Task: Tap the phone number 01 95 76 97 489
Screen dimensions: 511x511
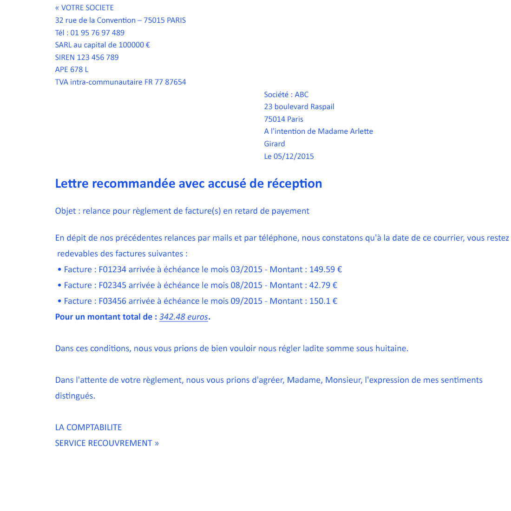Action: (x=98, y=33)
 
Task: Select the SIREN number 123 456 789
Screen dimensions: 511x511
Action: (x=98, y=58)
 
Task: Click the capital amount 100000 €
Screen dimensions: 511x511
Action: (x=134, y=45)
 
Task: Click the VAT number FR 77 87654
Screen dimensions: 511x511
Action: (x=165, y=82)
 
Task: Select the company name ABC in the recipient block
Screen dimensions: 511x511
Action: (x=301, y=95)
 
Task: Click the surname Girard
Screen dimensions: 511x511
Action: (x=275, y=144)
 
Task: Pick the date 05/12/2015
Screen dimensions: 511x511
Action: (x=294, y=157)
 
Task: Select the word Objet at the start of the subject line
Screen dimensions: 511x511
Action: (x=66, y=211)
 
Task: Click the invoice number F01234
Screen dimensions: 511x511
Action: (x=112, y=269)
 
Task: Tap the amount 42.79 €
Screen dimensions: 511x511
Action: (x=323, y=285)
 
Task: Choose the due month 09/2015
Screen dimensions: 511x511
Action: (x=247, y=301)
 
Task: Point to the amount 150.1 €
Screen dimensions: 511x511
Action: (x=323, y=301)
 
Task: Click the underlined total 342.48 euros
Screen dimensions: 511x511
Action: (x=183, y=317)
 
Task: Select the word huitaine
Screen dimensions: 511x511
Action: (x=392, y=348)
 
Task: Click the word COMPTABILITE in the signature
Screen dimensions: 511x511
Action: (x=94, y=427)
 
